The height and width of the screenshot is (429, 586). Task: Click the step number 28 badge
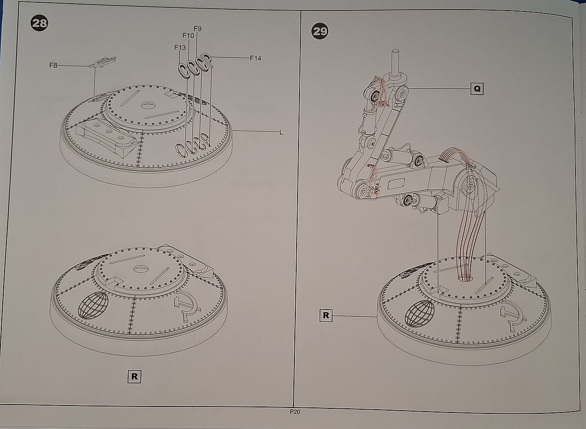(x=39, y=23)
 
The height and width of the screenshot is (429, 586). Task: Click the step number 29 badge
(x=320, y=31)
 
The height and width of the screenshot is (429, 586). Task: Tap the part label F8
(x=53, y=65)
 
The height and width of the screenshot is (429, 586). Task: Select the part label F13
(x=180, y=47)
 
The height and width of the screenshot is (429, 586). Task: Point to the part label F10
(x=188, y=35)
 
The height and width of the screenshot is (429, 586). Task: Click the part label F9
(x=198, y=29)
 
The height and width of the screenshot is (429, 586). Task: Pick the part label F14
(x=255, y=58)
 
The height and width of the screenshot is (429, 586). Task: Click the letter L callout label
(x=281, y=132)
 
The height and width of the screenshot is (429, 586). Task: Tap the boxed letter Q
(x=477, y=89)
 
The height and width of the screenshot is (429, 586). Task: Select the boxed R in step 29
(x=326, y=315)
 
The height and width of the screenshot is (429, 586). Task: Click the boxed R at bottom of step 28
(x=135, y=377)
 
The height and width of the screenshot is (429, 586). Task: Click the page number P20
(x=295, y=412)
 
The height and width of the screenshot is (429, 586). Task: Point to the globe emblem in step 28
(x=93, y=305)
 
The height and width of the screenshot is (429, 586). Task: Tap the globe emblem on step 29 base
(x=419, y=314)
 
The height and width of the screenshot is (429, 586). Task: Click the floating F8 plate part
(x=103, y=62)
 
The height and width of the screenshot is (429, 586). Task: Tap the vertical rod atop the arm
(x=395, y=63)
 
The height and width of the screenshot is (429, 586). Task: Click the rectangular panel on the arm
(x=396, y=183)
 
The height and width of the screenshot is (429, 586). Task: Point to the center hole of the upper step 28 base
(x=148, y=105)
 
